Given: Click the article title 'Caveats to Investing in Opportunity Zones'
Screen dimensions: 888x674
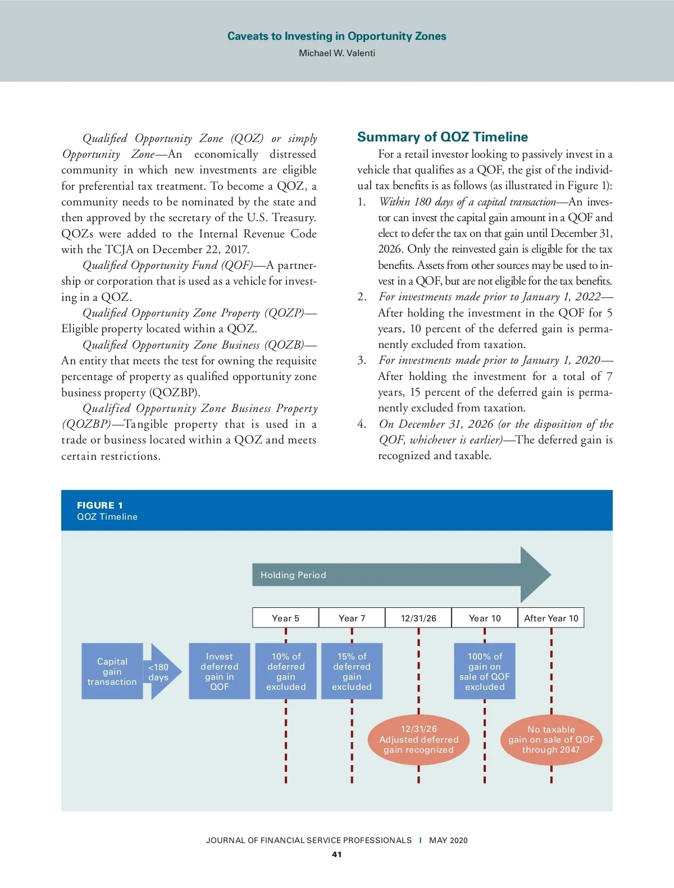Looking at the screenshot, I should (x=336, y=36).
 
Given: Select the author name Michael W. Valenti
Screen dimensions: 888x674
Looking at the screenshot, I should (x=336, y=53).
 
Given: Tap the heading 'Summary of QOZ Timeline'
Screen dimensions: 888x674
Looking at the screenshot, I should (x=443, y=137).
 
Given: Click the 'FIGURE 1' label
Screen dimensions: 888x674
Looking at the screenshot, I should (x=100, y=505).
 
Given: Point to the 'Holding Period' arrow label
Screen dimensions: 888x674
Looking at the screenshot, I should (x=293, y=575).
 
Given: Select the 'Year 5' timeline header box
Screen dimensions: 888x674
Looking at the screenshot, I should (x=285, y=618).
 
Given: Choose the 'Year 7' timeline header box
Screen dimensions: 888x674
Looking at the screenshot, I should (x=352, y=618).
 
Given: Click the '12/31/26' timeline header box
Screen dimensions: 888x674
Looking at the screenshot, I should (x=418, y=618).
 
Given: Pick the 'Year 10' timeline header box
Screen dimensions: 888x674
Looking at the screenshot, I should (x=485, y=618).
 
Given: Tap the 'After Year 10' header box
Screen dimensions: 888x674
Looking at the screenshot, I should (x=551, y=618).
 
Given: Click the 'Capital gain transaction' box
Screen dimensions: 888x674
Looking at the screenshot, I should (x=112, y=671).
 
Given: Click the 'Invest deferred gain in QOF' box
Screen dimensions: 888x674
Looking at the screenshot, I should (x=219, y=671).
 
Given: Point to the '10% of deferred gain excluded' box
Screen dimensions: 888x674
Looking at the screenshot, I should (x=286, y=671).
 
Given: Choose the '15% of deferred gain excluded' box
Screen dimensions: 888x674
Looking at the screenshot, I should (x=352, y=671).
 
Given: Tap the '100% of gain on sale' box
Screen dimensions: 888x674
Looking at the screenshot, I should (x=485, y=671).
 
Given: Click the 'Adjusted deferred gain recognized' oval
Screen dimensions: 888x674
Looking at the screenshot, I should (x=418, y=740).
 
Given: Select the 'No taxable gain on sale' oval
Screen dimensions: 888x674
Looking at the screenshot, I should (x=551, y=740).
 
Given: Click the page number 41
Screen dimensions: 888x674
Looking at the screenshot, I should (x=336, y=854).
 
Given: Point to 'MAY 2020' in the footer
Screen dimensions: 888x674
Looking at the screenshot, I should (x=448, y=840).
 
